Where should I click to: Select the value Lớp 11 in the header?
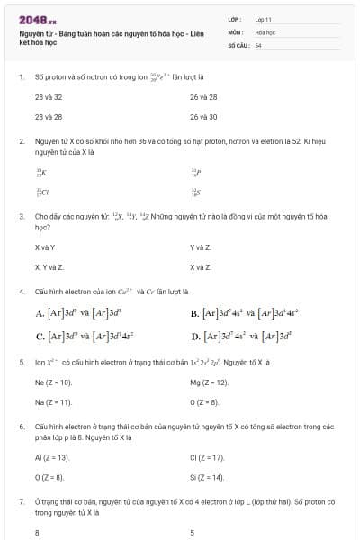(x=263, y=19)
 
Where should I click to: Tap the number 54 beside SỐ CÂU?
(x=258, y=44)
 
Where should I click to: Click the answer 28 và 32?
(x=49, y=97)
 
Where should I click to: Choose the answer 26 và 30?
(x=203, y=117)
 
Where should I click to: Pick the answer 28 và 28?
(x=49, y=117)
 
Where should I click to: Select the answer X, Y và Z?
(x=49, y=267)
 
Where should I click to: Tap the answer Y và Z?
(x=201, y=247)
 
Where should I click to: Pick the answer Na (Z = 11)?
(x=53, y=401)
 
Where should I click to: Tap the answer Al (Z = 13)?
(x=52, y=457)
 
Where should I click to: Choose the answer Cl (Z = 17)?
(x=207, y=457)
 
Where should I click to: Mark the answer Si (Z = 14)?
(x=207, y=477)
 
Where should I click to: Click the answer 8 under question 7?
(x=37, y=533)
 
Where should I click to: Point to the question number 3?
(x=21, y=217)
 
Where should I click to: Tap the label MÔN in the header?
(x=236, y=31)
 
